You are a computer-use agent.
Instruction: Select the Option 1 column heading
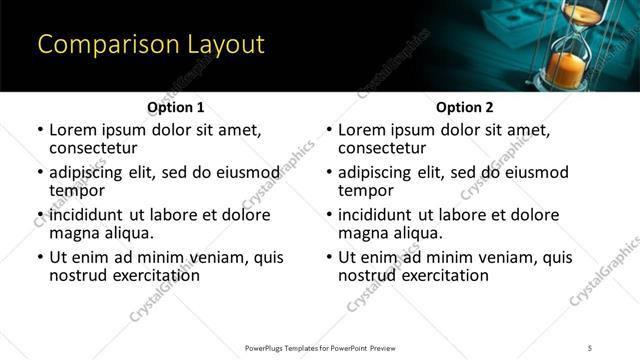tap(175, 107)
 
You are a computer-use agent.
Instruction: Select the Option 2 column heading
tap(464, 107)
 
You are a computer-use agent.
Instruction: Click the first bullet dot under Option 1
tap(40, 131)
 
